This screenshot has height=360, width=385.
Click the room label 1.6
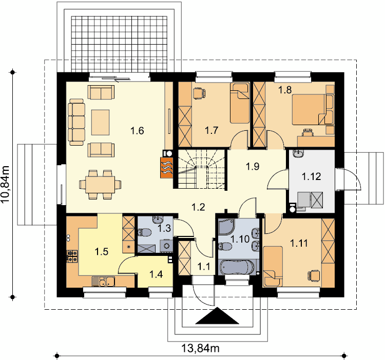(137, 131)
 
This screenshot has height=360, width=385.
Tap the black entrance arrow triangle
(217, 315)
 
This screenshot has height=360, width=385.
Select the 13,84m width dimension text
(200, 348)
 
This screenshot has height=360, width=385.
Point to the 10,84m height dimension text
(5, 184)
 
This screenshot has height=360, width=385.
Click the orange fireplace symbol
(167, 167)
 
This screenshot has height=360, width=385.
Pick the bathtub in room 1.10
(237, 268)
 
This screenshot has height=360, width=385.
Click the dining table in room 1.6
(100, 185)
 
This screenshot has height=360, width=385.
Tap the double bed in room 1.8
(313, 110)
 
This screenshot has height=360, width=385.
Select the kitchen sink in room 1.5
(103, 281)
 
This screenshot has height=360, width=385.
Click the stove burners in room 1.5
(72, 256)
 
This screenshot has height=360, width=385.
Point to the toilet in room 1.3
(144, 232)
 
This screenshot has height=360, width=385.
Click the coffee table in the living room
(101, 123)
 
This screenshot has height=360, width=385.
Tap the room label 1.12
(311, 176)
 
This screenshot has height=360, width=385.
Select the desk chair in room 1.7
(199, 93)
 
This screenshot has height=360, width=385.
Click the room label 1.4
(156, 274)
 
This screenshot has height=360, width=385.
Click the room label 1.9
(253, 167)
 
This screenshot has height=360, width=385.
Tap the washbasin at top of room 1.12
(298, 153)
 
